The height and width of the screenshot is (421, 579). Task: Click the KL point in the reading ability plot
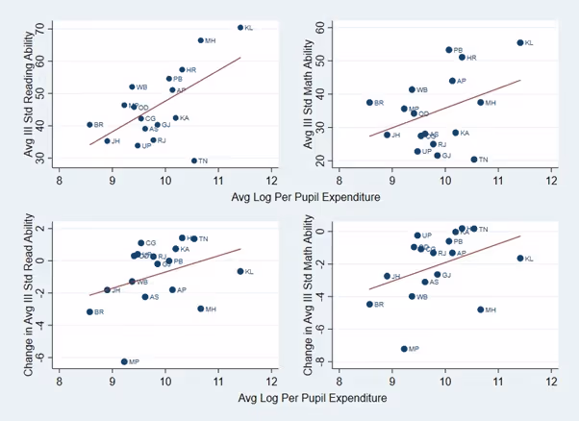coord(240,27)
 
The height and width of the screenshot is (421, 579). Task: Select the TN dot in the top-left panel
coord(194,161)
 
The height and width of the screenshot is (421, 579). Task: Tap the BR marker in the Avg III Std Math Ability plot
coord(369,102)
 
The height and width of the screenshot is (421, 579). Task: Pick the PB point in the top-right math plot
coord(448,50)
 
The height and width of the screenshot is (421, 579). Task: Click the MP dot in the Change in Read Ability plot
coord(124,361)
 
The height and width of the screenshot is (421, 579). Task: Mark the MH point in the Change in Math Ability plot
coord(480,310)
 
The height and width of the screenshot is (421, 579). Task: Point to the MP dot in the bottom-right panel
coord(404,349)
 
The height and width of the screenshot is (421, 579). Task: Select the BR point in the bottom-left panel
coord(89,311)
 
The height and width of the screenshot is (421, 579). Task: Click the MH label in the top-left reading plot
coord(211,40)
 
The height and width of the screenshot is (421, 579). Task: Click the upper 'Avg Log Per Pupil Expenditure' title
coord(305,197)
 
